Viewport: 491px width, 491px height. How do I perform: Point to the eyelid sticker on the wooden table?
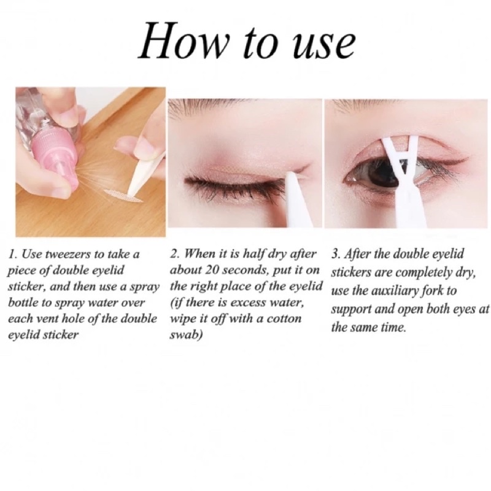[123, 195]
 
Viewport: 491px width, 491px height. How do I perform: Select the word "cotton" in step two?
[285, 319]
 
